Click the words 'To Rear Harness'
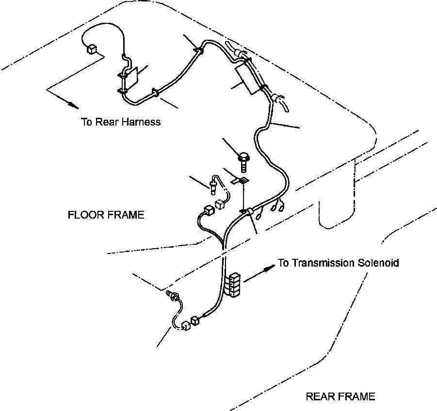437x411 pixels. pyautogui.click(x=120, y=122)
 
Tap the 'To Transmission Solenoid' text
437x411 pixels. pyautogui.click(x=338, y=263)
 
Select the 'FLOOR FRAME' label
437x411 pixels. pyautogui.click(x=106, y=215)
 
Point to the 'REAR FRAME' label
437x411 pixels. pyautogui.click(x=340, y=397)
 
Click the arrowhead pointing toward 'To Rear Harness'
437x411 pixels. pyautogui.click(x=73, y=104)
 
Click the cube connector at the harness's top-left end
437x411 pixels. pyautogui.click(x=91, y=49)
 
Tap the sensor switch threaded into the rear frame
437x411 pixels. pyautogui.click(x=172, y=295)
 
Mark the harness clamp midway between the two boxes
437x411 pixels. pyautogui.click(x=156, y=92)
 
